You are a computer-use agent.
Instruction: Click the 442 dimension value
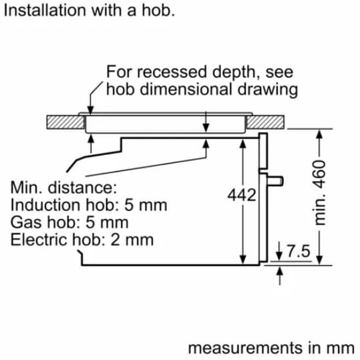click(x=242, y=195)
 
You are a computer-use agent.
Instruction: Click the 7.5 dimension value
click(x=299, y=251)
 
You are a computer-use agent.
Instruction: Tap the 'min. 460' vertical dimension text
click(x=320, y=193)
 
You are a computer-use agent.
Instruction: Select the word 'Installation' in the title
click(x=45, y=10)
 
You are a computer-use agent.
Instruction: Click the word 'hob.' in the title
click(x=158, y=10)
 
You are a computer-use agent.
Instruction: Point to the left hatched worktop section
click(x=65, y=122)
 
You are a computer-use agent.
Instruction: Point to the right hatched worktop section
click(x=265, y=122)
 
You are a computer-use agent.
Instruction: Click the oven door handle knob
click(x=275, y=181)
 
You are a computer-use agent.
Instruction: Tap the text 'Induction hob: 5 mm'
click(x=89, y=205)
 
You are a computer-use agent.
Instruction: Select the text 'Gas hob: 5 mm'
click(x=69, y=222)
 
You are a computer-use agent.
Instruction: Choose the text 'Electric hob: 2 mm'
click(x=82, y=240)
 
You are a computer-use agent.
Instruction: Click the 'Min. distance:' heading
click(x=64, y=188)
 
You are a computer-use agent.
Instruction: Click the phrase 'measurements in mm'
click(x=271, y=348)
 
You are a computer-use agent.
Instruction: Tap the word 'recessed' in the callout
click(x=172, y=72)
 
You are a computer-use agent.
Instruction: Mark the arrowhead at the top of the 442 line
click(x=243, y=144)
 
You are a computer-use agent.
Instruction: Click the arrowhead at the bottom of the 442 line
click(x=243, y=260)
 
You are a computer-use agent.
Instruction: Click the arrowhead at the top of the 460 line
click(x=319, y=134)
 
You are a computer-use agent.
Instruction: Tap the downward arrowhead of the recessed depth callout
click(x=91, y=110)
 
